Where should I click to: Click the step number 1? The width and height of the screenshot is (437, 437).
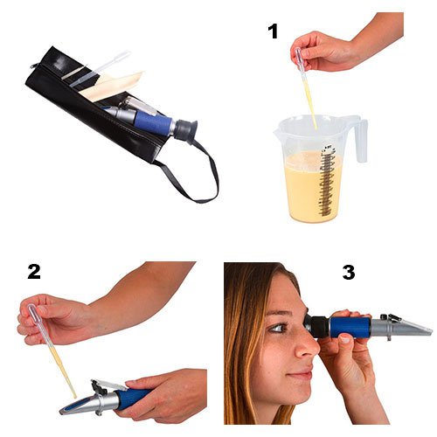click(x=273, y=31)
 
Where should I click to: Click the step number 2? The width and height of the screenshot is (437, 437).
click(x=34, y=272)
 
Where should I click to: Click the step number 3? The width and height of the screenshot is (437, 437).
click(x=349, y=273)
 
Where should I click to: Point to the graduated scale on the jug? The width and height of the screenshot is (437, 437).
click(x=327, y=181)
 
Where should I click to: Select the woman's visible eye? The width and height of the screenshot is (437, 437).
click(x=278, y=328)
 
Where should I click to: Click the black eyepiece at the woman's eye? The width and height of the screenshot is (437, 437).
click(x=317, y=326)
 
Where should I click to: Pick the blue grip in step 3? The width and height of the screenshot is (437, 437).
click(x=350, y=327)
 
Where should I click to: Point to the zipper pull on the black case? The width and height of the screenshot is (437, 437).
click(x=34, y=66)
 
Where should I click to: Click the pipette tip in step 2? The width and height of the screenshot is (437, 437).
click(x=75, y=396)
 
